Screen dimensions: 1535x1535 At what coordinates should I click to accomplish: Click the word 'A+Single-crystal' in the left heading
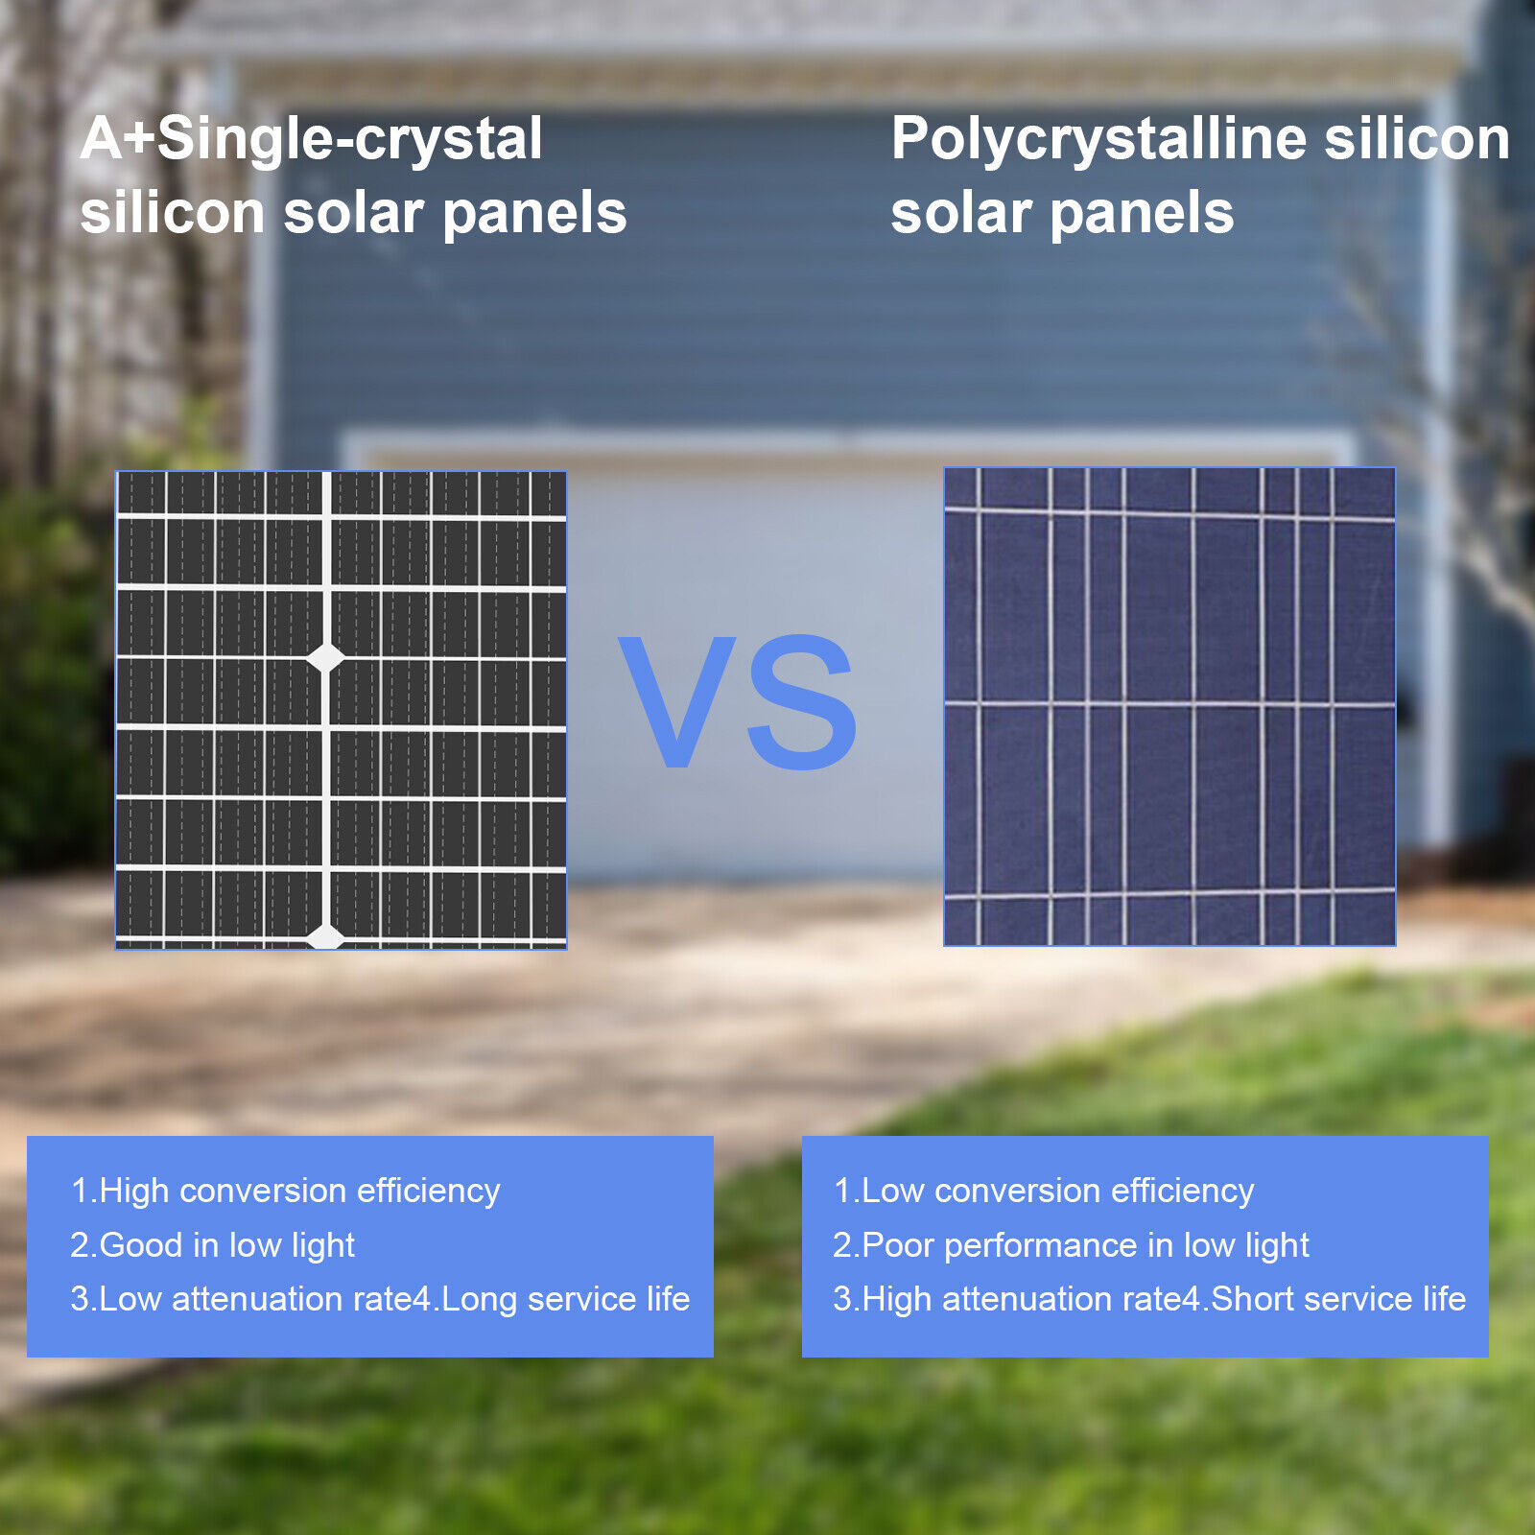[312, 140]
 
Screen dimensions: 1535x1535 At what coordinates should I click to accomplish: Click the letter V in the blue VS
[677, 700]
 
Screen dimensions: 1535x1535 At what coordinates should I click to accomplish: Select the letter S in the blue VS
[801, 701]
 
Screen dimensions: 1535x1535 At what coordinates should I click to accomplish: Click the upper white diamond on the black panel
[325, 658]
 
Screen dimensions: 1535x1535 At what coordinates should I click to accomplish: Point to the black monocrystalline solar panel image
[342, 710]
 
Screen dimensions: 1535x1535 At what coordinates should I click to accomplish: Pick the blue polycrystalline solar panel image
[1169, 707]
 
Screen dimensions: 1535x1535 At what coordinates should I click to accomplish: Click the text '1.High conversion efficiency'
[285, 1191]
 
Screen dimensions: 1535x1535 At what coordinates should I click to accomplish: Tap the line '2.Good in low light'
[212, 1245]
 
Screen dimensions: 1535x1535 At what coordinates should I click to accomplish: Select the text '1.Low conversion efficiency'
[1044, 1191]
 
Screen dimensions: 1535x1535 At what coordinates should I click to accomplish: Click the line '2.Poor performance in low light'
[1071, 1245]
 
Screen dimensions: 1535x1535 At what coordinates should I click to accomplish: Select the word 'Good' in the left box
[141, 1245]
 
